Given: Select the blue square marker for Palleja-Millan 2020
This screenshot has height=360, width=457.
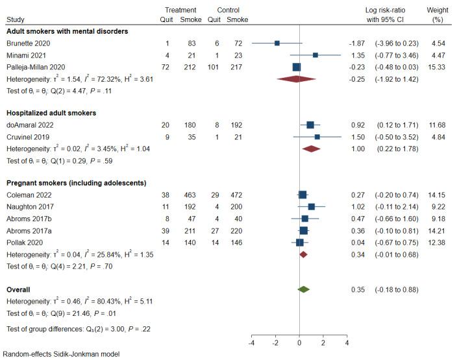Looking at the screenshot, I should [x=297, y=67].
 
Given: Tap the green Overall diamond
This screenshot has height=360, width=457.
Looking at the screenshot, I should [x=303, y=289].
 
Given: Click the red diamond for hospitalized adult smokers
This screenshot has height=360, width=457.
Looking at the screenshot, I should [x=312, y=149].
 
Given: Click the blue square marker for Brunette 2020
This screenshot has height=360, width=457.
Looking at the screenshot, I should [x=277, y=43].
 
